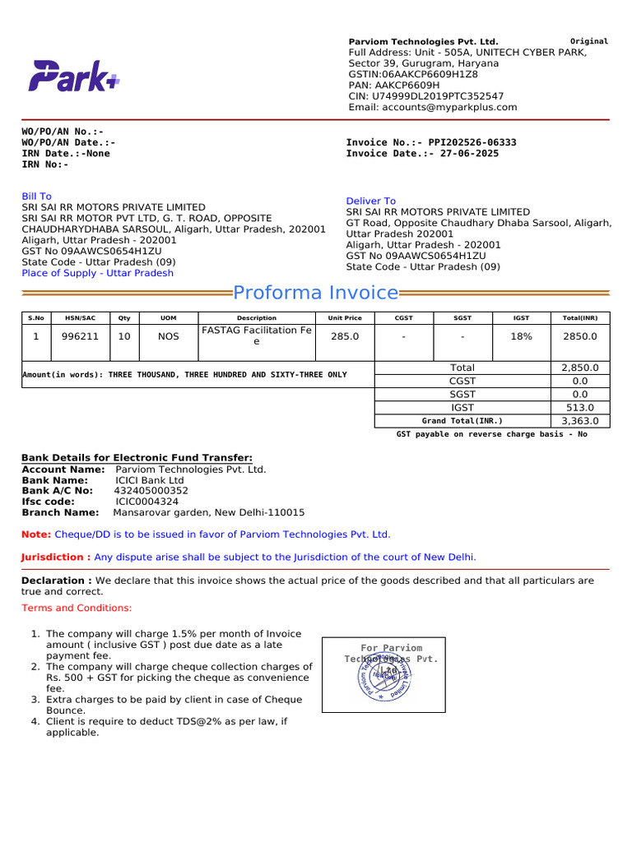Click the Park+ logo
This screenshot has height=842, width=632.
coord(74,76)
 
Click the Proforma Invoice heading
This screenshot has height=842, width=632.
coord(316,293)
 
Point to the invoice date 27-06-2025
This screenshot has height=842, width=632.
coord(469,154)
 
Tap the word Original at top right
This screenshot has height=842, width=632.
coord(589,41)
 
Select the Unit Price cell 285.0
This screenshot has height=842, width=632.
coord(344,336)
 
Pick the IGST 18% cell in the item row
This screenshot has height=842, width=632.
coord(522,336)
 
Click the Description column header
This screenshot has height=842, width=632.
coord(257,317)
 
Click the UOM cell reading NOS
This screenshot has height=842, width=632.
coord(168,336)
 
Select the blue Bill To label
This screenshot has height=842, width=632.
coord(36,197)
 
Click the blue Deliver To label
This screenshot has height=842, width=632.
coord(370,201)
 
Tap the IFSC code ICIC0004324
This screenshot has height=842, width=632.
coord(146,501)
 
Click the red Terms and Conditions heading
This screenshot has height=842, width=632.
coord(77,608)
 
